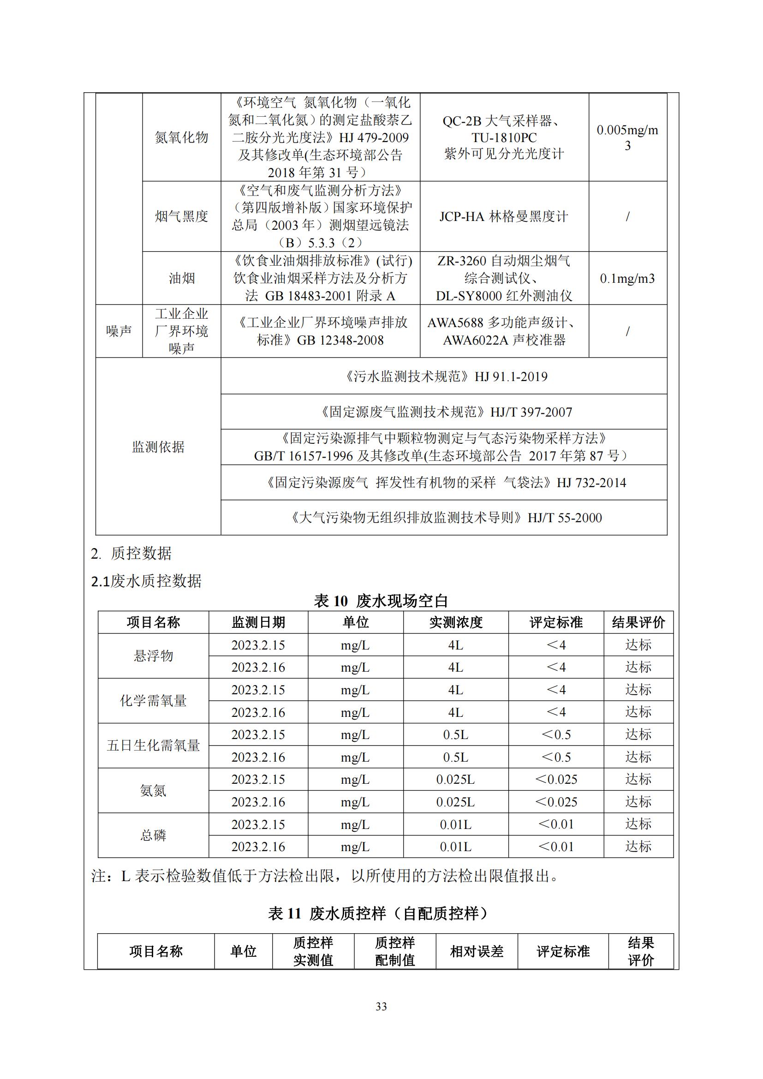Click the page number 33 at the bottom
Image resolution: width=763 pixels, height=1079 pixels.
381,1006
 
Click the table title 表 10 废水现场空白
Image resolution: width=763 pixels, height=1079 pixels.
381,600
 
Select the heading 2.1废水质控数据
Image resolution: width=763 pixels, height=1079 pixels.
146,581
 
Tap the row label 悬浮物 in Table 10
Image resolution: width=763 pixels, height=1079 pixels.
153,656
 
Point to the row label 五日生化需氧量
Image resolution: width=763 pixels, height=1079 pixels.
153,745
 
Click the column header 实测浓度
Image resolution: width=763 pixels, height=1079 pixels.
455,622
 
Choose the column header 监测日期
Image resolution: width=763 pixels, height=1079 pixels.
258,622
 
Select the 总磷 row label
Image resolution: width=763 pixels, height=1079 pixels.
153,835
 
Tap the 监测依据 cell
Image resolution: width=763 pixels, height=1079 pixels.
158,447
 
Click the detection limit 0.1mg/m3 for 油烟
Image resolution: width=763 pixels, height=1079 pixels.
627,278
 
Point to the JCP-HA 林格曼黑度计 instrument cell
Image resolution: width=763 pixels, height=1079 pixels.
504,216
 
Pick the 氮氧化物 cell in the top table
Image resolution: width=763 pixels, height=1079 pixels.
181,137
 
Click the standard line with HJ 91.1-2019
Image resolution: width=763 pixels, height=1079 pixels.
443,376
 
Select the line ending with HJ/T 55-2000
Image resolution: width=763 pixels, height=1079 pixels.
443,518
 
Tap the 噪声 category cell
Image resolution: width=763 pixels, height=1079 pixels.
119,331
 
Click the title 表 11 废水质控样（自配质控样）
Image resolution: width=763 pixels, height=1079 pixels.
381,912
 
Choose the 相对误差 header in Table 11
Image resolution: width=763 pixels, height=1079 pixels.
477,951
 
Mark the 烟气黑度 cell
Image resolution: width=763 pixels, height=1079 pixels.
181,216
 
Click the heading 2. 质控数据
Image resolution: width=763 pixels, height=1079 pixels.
131,553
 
